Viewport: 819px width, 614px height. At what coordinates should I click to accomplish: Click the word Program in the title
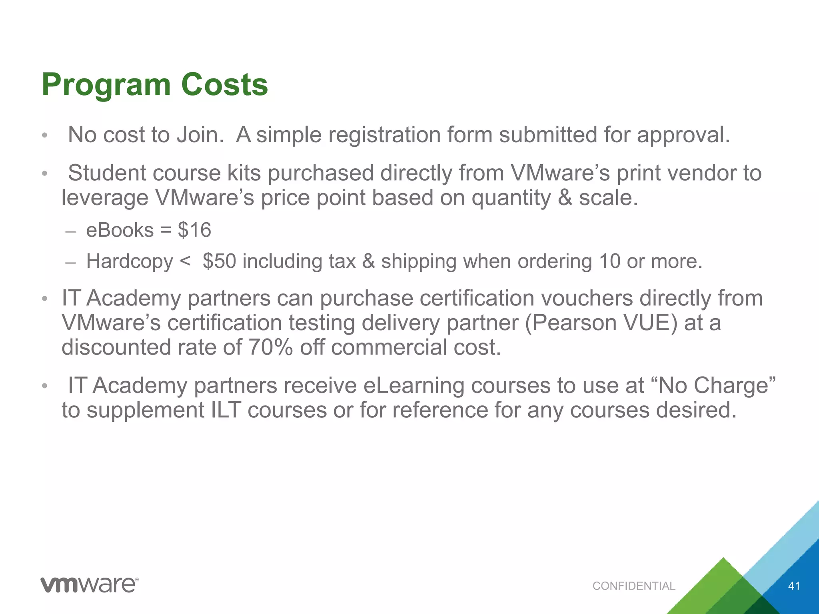106,85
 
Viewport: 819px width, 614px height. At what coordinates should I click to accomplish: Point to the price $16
194,230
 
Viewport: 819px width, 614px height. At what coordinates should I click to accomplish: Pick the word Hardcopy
130,261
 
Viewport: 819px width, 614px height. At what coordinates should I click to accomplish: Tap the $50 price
219,261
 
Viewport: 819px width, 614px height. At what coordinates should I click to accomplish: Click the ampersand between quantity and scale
565,197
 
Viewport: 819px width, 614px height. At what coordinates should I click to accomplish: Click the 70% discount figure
271,347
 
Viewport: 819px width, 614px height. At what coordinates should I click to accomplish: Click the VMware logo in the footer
90,585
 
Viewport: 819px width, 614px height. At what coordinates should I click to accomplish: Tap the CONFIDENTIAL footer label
634,586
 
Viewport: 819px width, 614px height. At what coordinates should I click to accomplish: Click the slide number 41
794,586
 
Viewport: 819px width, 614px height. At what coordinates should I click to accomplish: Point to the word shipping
418,261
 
